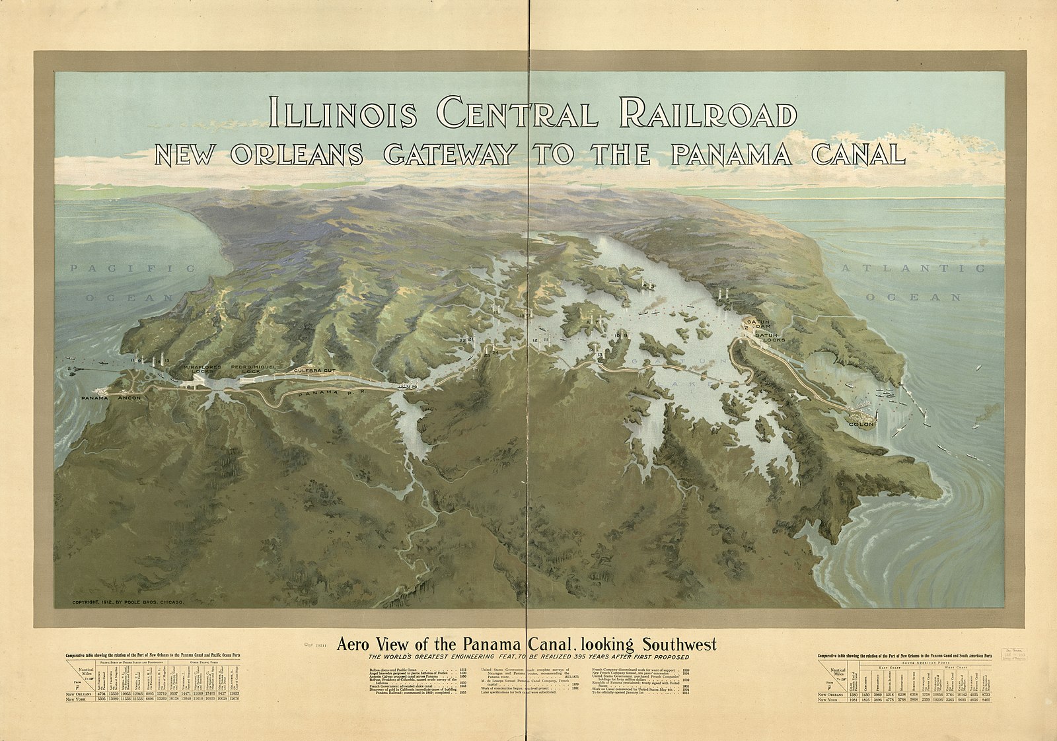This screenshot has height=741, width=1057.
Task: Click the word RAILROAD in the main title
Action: pos(710,114)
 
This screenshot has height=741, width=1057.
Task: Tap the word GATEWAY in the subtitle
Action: pos(449,154)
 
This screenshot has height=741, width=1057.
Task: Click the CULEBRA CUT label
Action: pos(315,371)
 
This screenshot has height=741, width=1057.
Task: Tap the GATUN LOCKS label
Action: pos(770,337)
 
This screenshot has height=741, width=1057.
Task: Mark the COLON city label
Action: pos(861,423)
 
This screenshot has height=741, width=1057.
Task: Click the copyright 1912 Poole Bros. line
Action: pos(128,603)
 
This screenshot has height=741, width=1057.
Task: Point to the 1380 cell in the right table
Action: pos(854,695)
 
